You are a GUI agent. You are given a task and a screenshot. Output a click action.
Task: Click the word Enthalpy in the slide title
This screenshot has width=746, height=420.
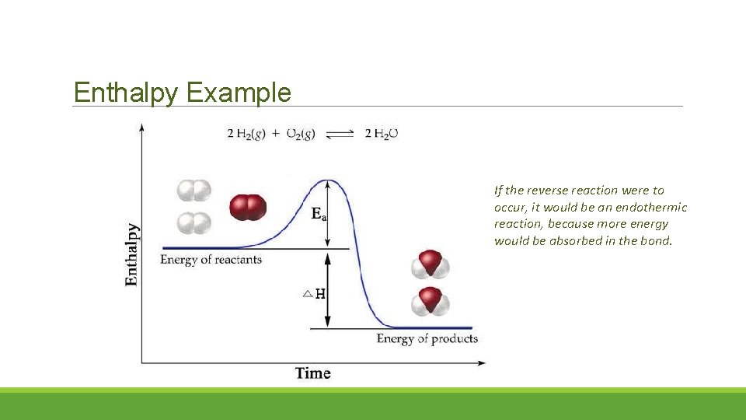coord(127,93)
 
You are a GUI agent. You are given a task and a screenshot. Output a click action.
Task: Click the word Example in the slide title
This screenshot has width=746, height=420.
coord(239,93)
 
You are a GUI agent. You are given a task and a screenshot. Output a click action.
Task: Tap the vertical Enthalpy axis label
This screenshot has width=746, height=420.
coord(133,254)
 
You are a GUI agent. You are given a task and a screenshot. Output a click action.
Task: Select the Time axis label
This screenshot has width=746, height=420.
coord(312,373)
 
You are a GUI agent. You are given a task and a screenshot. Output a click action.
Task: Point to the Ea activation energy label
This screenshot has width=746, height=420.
coord(319,214)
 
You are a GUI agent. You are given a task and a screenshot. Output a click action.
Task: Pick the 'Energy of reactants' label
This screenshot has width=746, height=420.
coord(211,259)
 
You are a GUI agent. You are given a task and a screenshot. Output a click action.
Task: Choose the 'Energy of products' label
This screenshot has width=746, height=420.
coord(427,338)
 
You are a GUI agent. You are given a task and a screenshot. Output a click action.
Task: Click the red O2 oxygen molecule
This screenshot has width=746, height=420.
coord(248,208)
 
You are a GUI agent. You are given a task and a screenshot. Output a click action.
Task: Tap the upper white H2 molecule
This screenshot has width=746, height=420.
coord(193,191)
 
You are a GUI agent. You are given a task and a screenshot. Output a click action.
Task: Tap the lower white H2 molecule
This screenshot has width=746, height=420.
coord(193,223)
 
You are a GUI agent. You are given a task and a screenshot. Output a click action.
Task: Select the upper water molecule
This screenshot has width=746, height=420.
coord(430,264)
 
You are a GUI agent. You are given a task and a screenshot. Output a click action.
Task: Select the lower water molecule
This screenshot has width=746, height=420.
coord(430,301)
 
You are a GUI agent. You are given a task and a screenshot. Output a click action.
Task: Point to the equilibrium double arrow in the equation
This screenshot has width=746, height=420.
coord(340,135)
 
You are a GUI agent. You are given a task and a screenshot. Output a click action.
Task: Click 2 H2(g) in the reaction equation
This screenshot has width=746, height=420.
coord(246,134)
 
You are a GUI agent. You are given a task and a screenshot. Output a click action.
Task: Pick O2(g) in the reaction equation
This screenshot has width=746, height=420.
coord(300,134)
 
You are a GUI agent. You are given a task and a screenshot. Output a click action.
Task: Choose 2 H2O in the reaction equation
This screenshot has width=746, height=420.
coord(382,134)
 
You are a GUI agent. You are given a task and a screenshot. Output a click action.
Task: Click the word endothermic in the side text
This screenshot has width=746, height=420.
coord(651,207)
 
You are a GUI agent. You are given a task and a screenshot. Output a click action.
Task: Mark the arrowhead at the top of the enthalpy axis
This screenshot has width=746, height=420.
coord(141,126)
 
